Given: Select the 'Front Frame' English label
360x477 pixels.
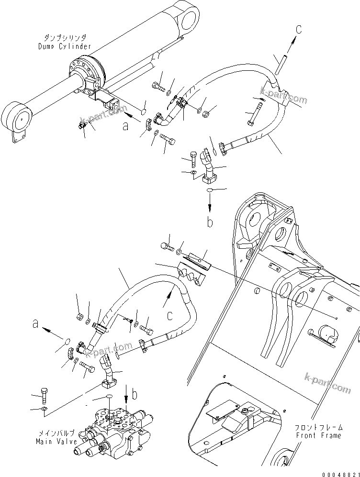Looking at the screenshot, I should pyautogui.click(x=318, y=435).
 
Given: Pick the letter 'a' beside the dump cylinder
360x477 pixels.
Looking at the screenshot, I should pyautogui.click(x=125, y=126).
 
